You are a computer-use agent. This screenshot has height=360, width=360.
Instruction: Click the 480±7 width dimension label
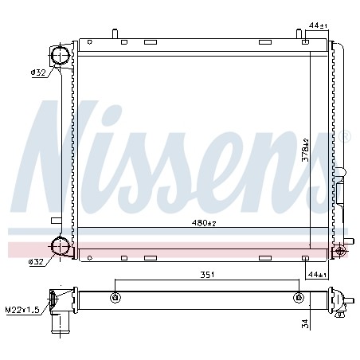click(204, 223)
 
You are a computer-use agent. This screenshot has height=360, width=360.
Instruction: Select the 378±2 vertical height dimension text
click(306, 150)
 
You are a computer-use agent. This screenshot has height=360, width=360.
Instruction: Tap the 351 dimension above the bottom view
click(207, 275)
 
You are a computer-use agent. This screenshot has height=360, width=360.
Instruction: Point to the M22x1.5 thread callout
click(22, 310)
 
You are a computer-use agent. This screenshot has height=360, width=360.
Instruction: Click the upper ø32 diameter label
click(38, 72)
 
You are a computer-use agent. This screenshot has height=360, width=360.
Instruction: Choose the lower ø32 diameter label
click(36, 262)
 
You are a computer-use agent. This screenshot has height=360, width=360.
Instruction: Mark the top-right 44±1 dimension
click(318, 25)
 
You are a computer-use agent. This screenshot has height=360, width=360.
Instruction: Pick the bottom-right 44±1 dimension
click(317, 275)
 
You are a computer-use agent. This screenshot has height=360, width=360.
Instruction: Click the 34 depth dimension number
click(306, 324)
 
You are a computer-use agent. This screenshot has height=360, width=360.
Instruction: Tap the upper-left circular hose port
click(61, 56)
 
